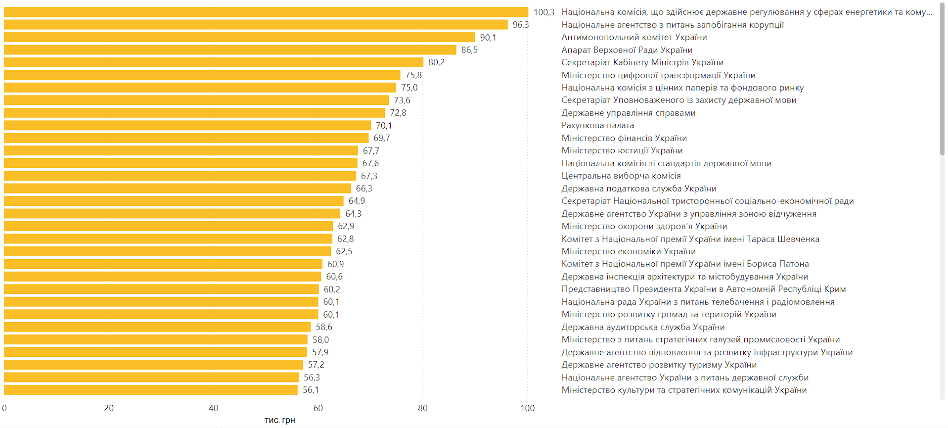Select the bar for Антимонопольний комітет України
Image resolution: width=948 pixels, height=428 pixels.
point(239,38)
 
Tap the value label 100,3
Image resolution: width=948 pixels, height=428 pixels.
point(543,12)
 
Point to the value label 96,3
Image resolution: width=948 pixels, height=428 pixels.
point(520,25)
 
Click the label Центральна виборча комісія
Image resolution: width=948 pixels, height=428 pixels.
point(621,176)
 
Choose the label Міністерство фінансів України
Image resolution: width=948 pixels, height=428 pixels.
point(624,138)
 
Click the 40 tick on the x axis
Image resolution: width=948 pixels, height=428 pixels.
point(213,408)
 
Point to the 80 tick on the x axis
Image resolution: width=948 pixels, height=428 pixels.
point(422,408)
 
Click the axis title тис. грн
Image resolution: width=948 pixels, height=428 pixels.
point(279,420)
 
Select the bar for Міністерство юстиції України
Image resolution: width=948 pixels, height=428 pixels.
point(181,151)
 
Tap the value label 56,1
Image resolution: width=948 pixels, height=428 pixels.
point(311,390)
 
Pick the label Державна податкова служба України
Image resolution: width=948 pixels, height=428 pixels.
point(638,189)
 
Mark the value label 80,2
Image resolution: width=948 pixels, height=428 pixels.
point(436,62)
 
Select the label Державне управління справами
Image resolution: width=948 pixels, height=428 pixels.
point(628,113)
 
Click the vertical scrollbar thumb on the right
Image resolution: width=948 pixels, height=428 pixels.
point(942,79)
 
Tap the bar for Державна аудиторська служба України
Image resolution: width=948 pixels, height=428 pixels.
point(157,327)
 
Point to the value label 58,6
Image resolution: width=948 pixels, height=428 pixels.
point(324,327)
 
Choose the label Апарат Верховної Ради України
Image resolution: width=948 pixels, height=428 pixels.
point(627,50)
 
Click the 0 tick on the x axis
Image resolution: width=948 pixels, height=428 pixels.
point(4,408)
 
